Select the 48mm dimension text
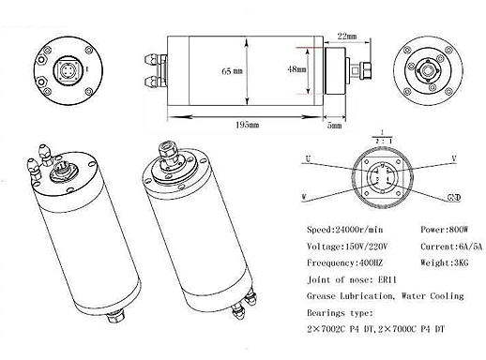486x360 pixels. click(296, 70)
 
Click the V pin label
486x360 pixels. click(453, 158)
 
